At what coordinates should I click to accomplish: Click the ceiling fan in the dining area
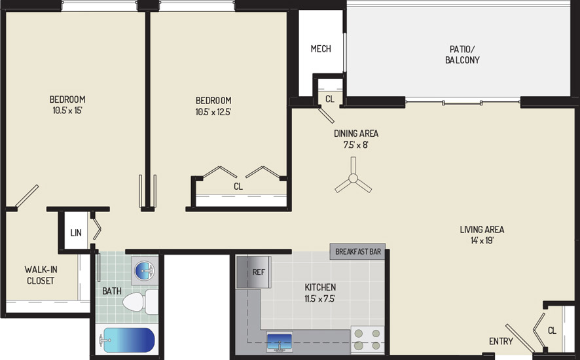tap(353, 178)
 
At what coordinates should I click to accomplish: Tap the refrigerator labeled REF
tap(253, 272)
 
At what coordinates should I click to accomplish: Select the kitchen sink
tap(280, 342)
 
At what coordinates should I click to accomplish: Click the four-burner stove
tap(367, 340)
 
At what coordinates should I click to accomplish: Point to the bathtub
tap(126, 340)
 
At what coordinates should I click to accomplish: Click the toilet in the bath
tap(140, 302)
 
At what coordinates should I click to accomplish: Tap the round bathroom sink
tap(144, 270)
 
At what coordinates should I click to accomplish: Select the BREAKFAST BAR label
tap(357, 251)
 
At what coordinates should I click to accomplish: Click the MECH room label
tap(321, 48)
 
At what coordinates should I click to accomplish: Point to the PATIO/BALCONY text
tap(462, 54)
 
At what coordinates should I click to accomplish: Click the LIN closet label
tap(76, 233)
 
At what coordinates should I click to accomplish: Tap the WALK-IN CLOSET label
tap(41, 275)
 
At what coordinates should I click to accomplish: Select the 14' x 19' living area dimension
tap(482, 241)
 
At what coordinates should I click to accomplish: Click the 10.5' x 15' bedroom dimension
tap(67, 110)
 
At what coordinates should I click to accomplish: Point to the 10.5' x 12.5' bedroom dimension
tap(213, 112)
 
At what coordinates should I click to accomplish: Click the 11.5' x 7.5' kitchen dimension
tap(320, 298)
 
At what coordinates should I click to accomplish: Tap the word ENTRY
tap(501, 341)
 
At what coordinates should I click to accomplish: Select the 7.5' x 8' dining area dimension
tap(356, 145)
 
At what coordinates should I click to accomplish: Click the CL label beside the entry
tap(552, 331)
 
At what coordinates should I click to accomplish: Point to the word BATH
tap(112, 291)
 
